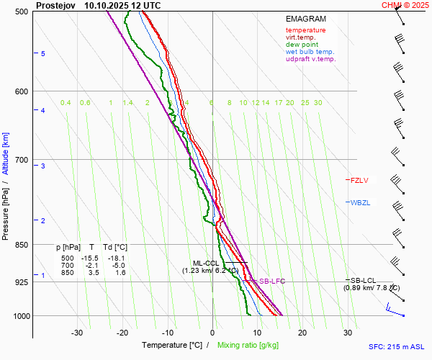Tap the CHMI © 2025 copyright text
[405, 5]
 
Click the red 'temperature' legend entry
[305, 30]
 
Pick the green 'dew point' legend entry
[302, 45]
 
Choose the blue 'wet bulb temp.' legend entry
[310, 52]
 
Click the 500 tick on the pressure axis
[22, 12]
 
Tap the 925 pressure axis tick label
[22, 282]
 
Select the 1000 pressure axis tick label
[20, 316]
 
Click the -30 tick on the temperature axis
[77, 333]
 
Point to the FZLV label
[360, 180]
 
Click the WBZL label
[360, 203]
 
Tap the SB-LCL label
[364, 279]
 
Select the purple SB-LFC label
[271, 281]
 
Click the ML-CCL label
[206, 263]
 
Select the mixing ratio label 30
[318, 103]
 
